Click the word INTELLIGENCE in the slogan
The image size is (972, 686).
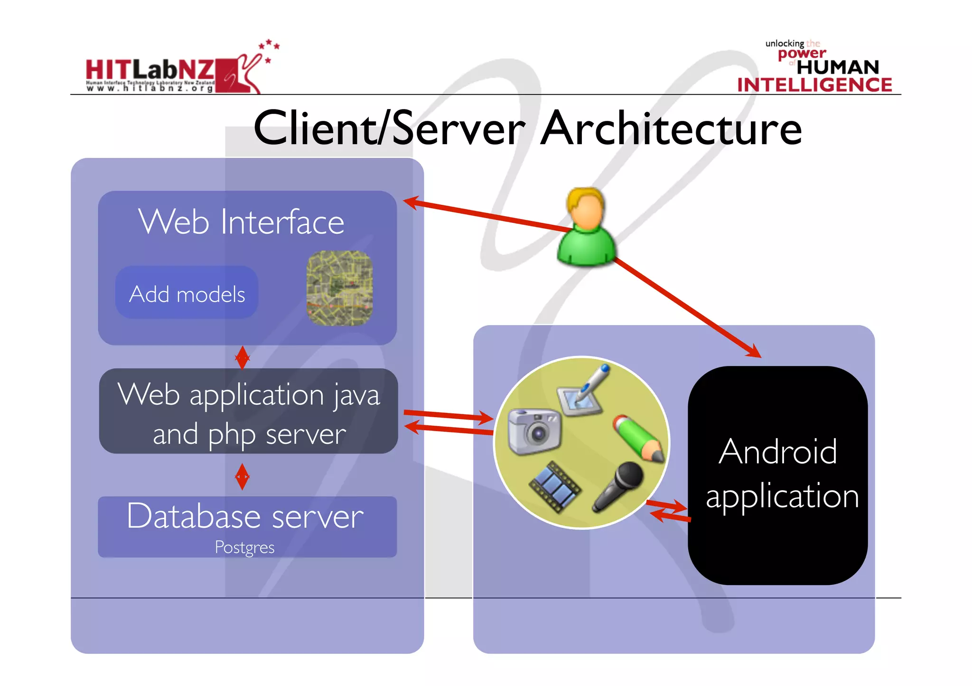pyautogui.click(x=814, y=85)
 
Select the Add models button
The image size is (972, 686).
pyautogui.click(x=187, y=293)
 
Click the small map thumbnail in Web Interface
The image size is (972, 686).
pyautogui.click(x=339, y=288)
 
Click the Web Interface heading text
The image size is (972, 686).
pyautogui.click(x=241, y=221)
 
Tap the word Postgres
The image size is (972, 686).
pyautogui.click(x=244, y=548)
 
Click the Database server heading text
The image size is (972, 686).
pyautogui.click(x=245, y=516)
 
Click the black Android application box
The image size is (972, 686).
pyautogui.click(x=778, y=474)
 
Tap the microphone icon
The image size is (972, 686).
pyautogui.click(x=618, y=486)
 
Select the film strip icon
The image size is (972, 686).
pyautogui.click(x=554, y=486)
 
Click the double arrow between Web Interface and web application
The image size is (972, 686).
pyautogui.click(x=242, y=357)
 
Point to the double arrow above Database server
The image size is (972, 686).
pyautogui.click(x=242, y=476)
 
